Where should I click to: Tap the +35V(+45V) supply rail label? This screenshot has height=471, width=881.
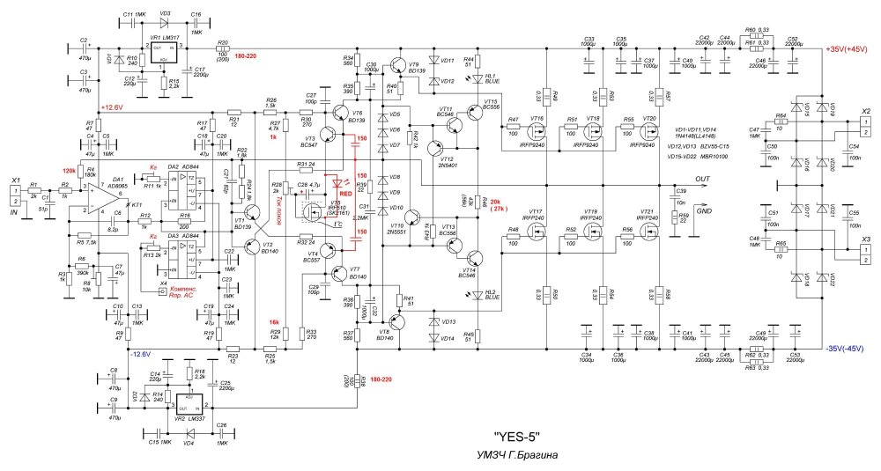coord(849,50)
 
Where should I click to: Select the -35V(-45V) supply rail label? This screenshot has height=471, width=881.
coord(849,349)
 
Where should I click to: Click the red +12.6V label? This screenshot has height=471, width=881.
coord(115,107)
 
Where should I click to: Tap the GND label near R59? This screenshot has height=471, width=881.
coord(703,211)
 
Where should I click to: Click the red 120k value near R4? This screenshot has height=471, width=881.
coord(68,170)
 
